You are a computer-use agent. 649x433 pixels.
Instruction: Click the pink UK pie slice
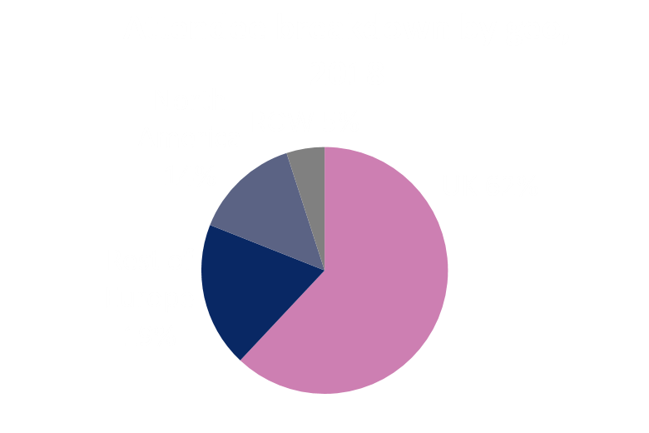pos(383,283)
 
